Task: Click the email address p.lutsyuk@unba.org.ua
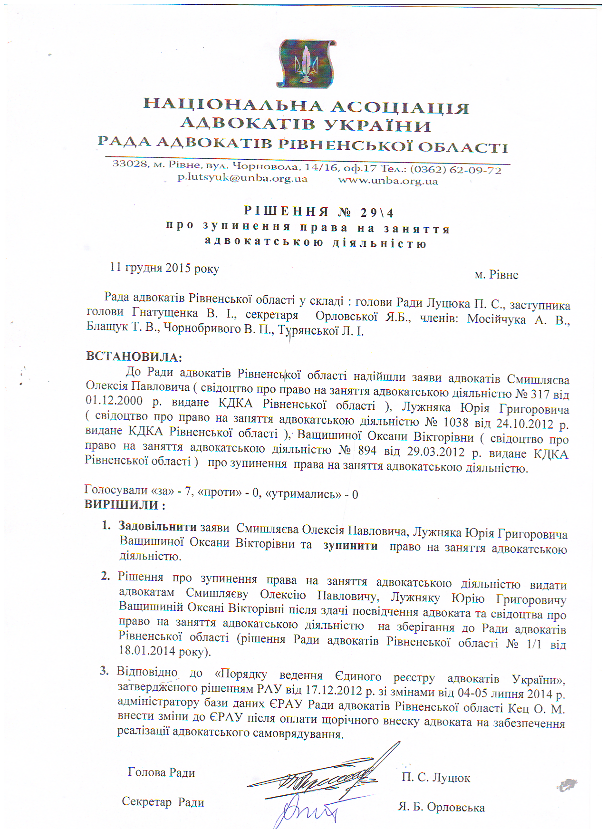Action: [x=242, y=178]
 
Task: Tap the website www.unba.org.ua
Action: [x=388, y=181]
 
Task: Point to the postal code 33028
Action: [x=129, y=164]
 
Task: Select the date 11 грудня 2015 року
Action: [x=164, y=268]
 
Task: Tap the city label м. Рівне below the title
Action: [x=496, y=275]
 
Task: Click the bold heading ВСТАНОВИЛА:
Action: [x=134, y=357]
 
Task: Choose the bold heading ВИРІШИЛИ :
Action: [x=125, y=505]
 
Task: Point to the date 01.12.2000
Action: [x=114, y=400]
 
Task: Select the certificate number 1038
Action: [x=455, y=423]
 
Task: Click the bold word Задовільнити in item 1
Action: [x=157, y=526]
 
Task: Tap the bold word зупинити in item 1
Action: [x=350, y=546]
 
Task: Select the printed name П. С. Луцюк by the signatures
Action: [x=436, y=778]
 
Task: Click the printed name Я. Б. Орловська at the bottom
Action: [x=442, y=807]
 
